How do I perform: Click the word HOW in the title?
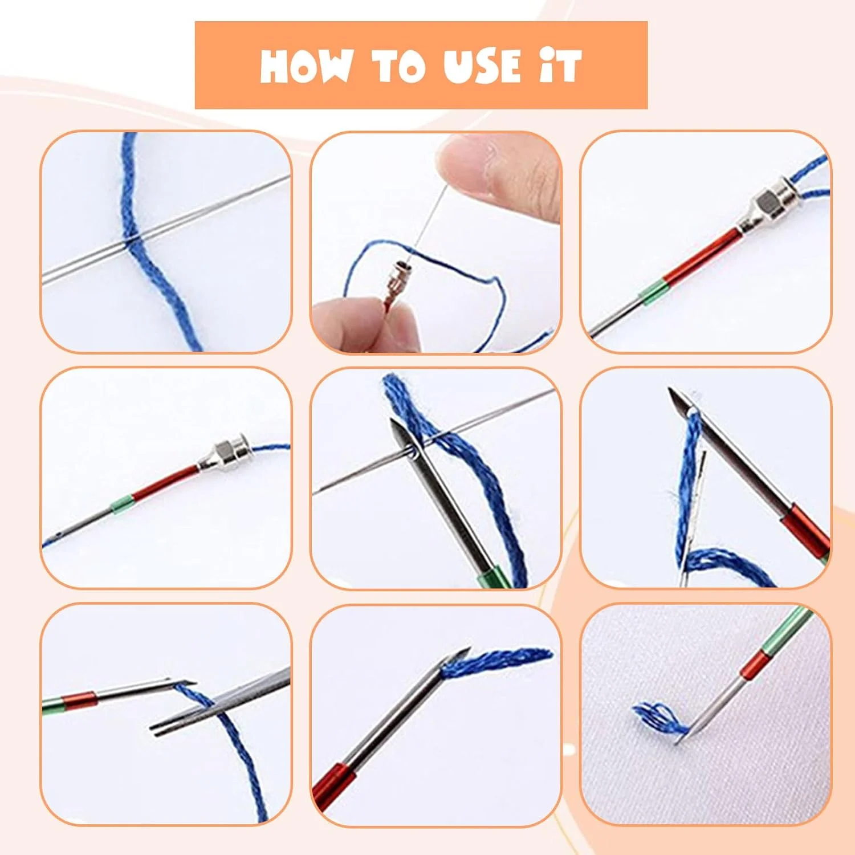pyautogui.click(x=305, y=66)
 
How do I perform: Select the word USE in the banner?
pyautogui.click(x=482, y=66)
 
